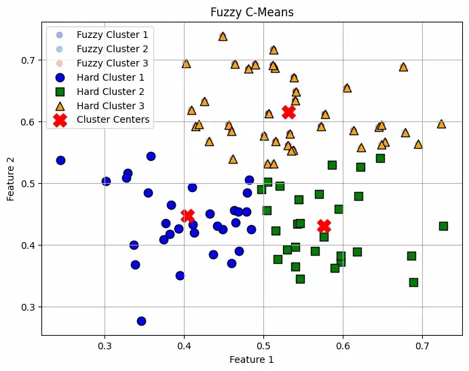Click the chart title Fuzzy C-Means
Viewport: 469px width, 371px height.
(x=252, y=12)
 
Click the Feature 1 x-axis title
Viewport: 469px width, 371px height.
(x=252, y=359)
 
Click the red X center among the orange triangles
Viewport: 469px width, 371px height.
(x=289, y=112)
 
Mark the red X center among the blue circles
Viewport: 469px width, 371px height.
(x=188, y=216)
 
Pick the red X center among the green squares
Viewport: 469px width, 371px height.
(x=324, y=226)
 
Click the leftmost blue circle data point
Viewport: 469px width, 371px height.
(x=60, y=160)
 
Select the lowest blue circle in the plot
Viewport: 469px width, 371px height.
(x=141, y=321)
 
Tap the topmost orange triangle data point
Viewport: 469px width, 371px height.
(x=223, y=36)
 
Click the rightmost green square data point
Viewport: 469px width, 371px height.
(x=443, y=226)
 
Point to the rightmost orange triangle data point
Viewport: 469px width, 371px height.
(x=441, y=123)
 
